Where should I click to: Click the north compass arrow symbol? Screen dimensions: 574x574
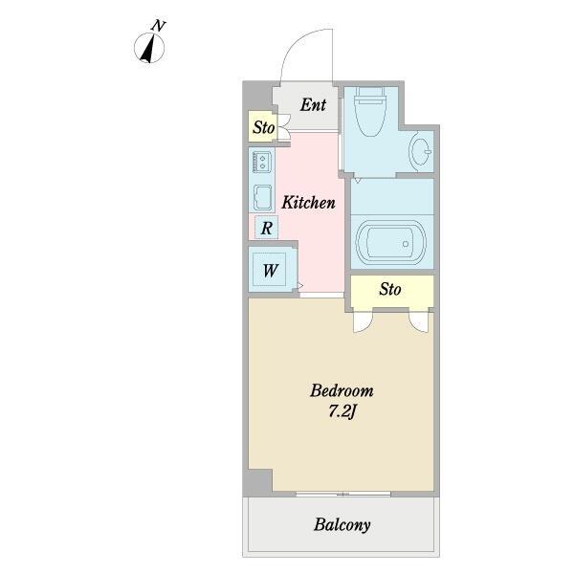coord(148,49)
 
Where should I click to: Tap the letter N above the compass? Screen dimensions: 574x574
coord(159,26)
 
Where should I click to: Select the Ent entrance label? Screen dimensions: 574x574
coord(313,105)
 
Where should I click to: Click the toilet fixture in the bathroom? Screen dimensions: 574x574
coord(370,111)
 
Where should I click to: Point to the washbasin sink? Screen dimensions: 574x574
coord(420,150)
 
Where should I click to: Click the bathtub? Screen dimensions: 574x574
coord(391,242)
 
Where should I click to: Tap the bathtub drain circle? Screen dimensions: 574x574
coord(406,244)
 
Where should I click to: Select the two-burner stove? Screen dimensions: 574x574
coord(261,162)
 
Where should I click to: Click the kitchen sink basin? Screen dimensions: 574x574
coord(262,197)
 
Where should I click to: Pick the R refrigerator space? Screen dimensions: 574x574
coord(267,228)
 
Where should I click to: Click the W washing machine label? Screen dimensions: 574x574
coord(270,271)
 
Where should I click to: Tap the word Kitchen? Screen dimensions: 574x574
coord(308,203)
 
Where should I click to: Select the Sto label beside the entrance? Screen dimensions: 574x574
coord(264,127)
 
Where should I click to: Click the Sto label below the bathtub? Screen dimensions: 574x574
coord(390,289)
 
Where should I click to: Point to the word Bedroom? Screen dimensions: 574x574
coord(342,390)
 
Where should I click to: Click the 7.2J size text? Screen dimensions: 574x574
coord(342,411)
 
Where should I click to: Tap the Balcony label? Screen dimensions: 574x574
coord(342,524)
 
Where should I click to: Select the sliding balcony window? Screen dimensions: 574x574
coord(343,495)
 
